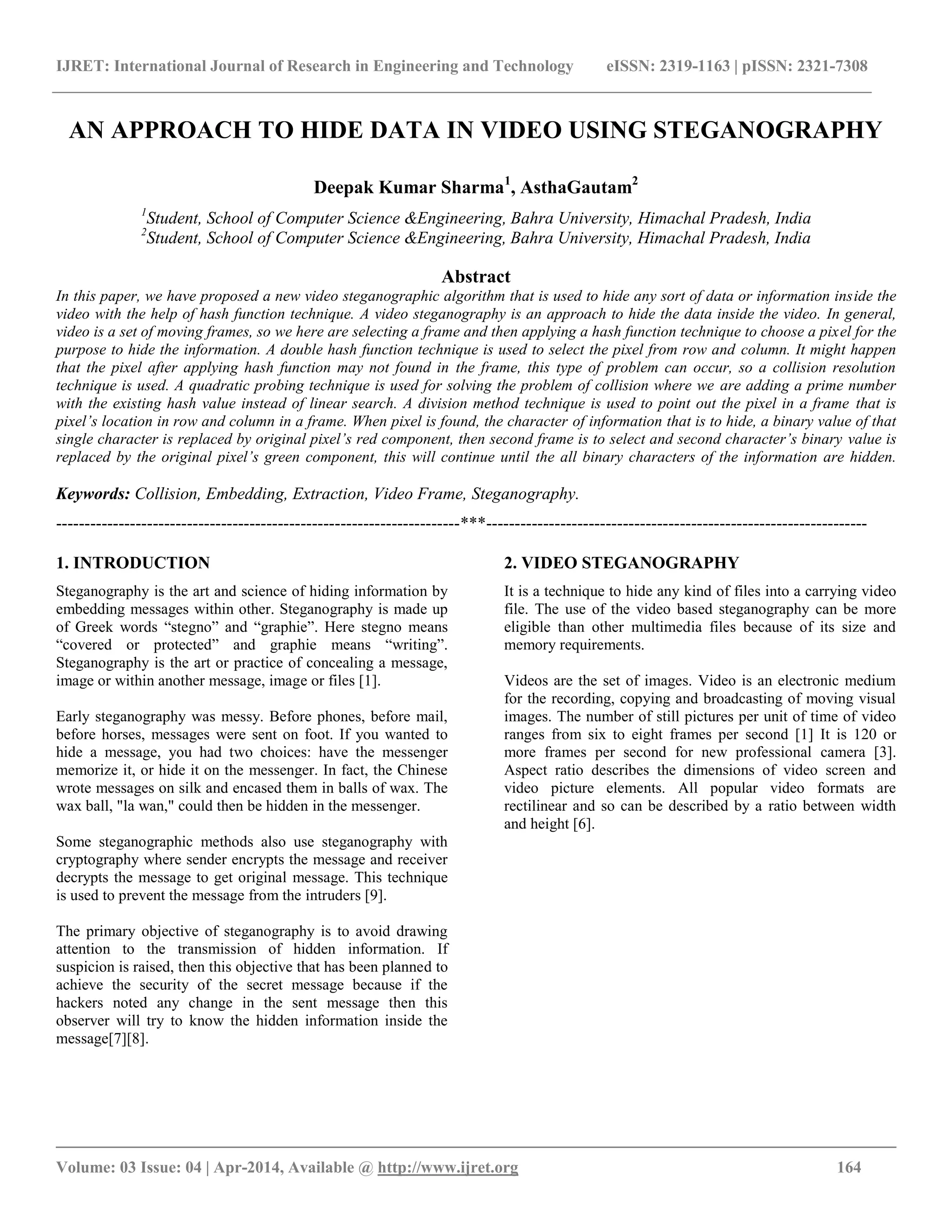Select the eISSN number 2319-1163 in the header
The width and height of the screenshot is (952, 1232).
[x=694, y=66]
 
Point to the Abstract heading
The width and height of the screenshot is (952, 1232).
[x=476, y=277]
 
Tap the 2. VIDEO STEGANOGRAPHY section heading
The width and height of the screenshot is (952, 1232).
[x=621, y=563]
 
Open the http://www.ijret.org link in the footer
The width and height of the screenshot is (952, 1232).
[x=447, y=1167]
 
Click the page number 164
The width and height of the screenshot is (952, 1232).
[x=849, y=1167]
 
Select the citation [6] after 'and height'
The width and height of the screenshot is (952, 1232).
[x=583, y=824]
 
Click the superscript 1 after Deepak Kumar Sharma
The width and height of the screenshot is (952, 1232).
[x=507, y=181]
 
